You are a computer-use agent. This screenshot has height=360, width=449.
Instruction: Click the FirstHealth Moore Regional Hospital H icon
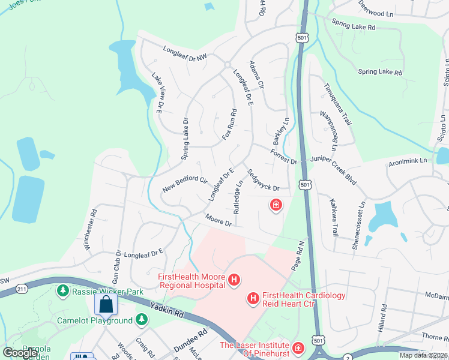pos(234,280)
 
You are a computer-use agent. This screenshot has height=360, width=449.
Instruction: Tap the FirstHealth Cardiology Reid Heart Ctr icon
pos(253,298)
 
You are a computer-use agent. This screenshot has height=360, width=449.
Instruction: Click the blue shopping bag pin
pos(106,305)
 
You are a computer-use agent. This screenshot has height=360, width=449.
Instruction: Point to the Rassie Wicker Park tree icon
pos(62,291)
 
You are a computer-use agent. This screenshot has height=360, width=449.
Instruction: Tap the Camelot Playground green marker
pos(142,320)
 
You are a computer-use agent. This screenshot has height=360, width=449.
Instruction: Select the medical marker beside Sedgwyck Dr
pos(276,206)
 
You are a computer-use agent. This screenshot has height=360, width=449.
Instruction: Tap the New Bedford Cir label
pos(185,185)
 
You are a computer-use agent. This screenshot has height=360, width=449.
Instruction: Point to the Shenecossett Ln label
pos(362,221)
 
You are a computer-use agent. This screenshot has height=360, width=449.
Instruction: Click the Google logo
pos(20,353)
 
